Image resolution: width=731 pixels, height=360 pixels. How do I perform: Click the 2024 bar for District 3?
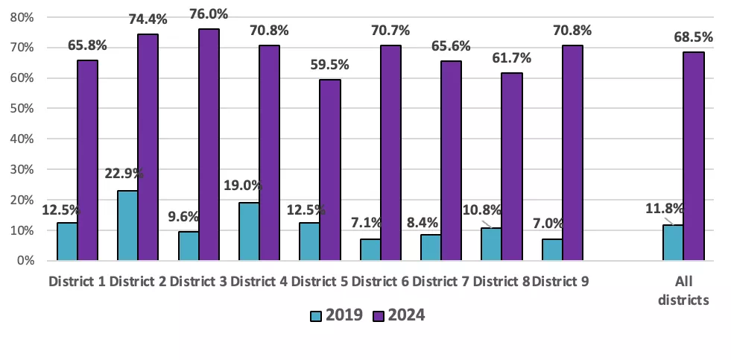pos(209,145)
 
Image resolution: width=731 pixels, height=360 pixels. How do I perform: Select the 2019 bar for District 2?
pos(127,226)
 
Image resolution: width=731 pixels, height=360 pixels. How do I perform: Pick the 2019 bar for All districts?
pos(673,243)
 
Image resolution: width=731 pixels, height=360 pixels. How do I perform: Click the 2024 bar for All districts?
pos(694,156)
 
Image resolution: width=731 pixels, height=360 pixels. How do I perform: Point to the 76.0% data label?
pos(209,14)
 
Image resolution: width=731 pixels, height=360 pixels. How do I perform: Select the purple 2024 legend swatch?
pos(377,316)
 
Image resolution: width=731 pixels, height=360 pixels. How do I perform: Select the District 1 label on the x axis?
pos(77,282)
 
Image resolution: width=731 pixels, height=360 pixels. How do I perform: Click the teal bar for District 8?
pos(491,244)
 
